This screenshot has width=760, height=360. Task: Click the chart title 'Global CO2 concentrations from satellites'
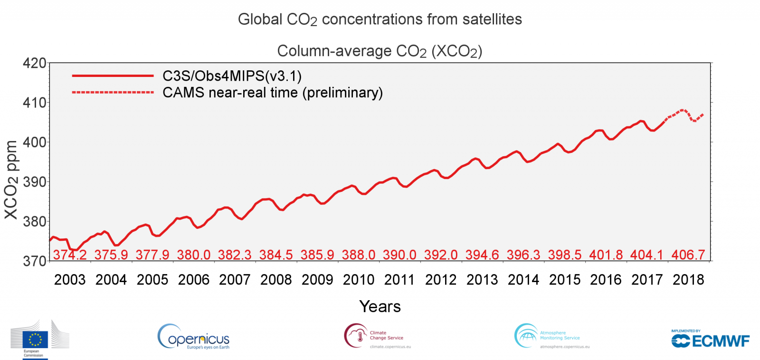380,19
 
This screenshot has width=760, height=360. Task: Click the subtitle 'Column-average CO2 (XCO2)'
380,51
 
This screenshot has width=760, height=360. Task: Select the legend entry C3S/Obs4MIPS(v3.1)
232,76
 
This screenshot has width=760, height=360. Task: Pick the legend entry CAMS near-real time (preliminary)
272,93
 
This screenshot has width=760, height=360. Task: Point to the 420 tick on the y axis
35,63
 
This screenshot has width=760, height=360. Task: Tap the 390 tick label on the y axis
35,182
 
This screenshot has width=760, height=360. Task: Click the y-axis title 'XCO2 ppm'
11,180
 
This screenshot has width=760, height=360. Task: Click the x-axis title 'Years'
380,306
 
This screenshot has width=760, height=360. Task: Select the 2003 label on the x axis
70,280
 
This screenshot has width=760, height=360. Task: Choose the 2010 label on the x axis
359,280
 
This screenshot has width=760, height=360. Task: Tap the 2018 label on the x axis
688,280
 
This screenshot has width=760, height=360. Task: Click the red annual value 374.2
70,255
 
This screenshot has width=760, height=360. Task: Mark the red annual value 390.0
399,255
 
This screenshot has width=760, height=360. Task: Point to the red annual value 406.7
688,255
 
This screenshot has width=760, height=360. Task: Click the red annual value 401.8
606,255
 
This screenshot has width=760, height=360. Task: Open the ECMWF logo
710,340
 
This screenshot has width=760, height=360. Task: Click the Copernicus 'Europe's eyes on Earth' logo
194,337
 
